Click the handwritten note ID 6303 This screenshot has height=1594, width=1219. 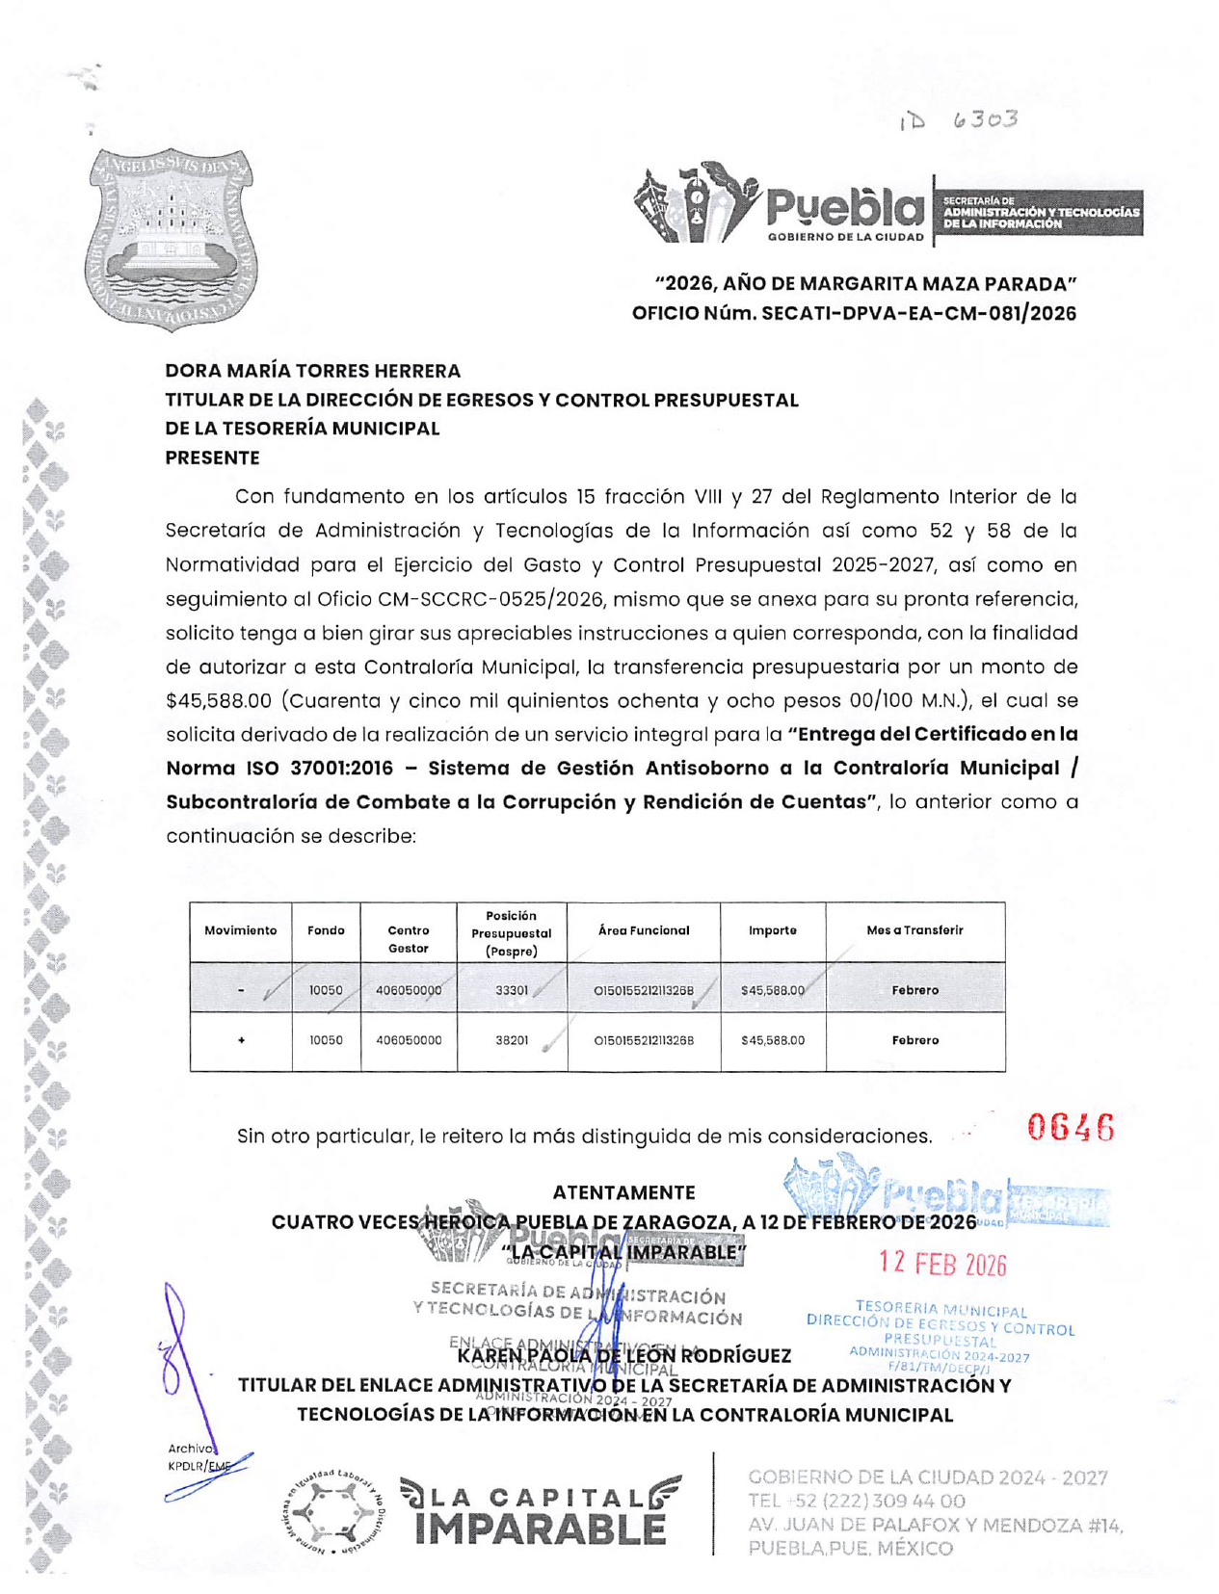click(958, 120)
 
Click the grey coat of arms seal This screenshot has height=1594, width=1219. click(171, 238)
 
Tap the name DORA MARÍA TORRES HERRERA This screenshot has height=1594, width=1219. click(312, 371)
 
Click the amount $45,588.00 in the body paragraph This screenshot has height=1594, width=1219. click(219, 700)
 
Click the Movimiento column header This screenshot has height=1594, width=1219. click(240, 930)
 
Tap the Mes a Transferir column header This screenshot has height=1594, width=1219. click(914, 930)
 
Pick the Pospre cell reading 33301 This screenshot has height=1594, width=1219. click(511, 990)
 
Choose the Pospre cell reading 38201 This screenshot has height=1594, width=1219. click(511, 1040)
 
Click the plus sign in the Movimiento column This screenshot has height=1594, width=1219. click(241, 1040)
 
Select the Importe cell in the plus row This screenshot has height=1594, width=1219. click(772, 1040)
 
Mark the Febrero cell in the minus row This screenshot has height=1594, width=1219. click(914, 990)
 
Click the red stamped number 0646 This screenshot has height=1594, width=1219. click(1071, 1127)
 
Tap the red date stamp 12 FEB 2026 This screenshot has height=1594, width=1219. click(941, 1264)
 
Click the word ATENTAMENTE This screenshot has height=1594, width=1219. click(623, 1192)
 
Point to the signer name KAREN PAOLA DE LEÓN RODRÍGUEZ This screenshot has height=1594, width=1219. click(623, 1355)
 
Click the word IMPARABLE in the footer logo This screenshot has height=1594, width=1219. click(540, 1529)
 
